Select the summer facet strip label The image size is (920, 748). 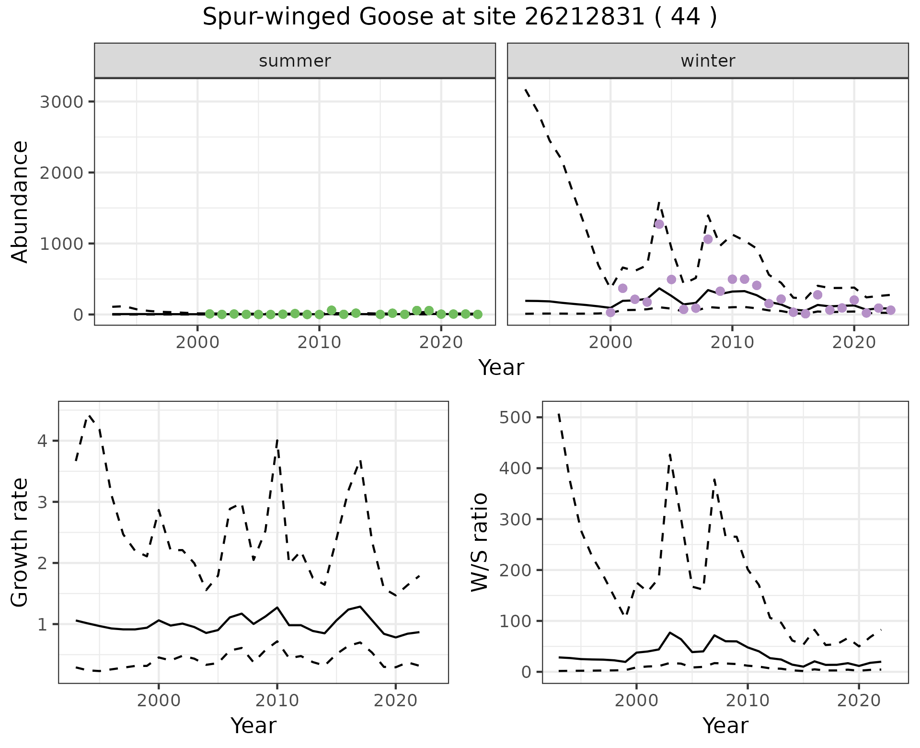click(295, 61)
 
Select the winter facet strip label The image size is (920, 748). click(708, 61)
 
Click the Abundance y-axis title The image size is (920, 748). click(20, 201)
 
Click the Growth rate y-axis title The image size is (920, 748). click(20, 542)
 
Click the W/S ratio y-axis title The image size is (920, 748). click(479, 542)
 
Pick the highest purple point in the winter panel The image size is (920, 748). click(659, 224)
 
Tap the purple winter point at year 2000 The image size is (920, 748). click(610, 313)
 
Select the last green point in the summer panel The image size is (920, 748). click(478, 315)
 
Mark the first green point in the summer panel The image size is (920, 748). click(209, 314)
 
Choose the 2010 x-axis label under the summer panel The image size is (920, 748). click(319, 343)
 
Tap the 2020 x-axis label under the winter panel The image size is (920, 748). click(854, 343)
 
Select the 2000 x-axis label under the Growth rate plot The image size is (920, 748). click(159, 701)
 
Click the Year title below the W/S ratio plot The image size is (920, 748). click(725, 726)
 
